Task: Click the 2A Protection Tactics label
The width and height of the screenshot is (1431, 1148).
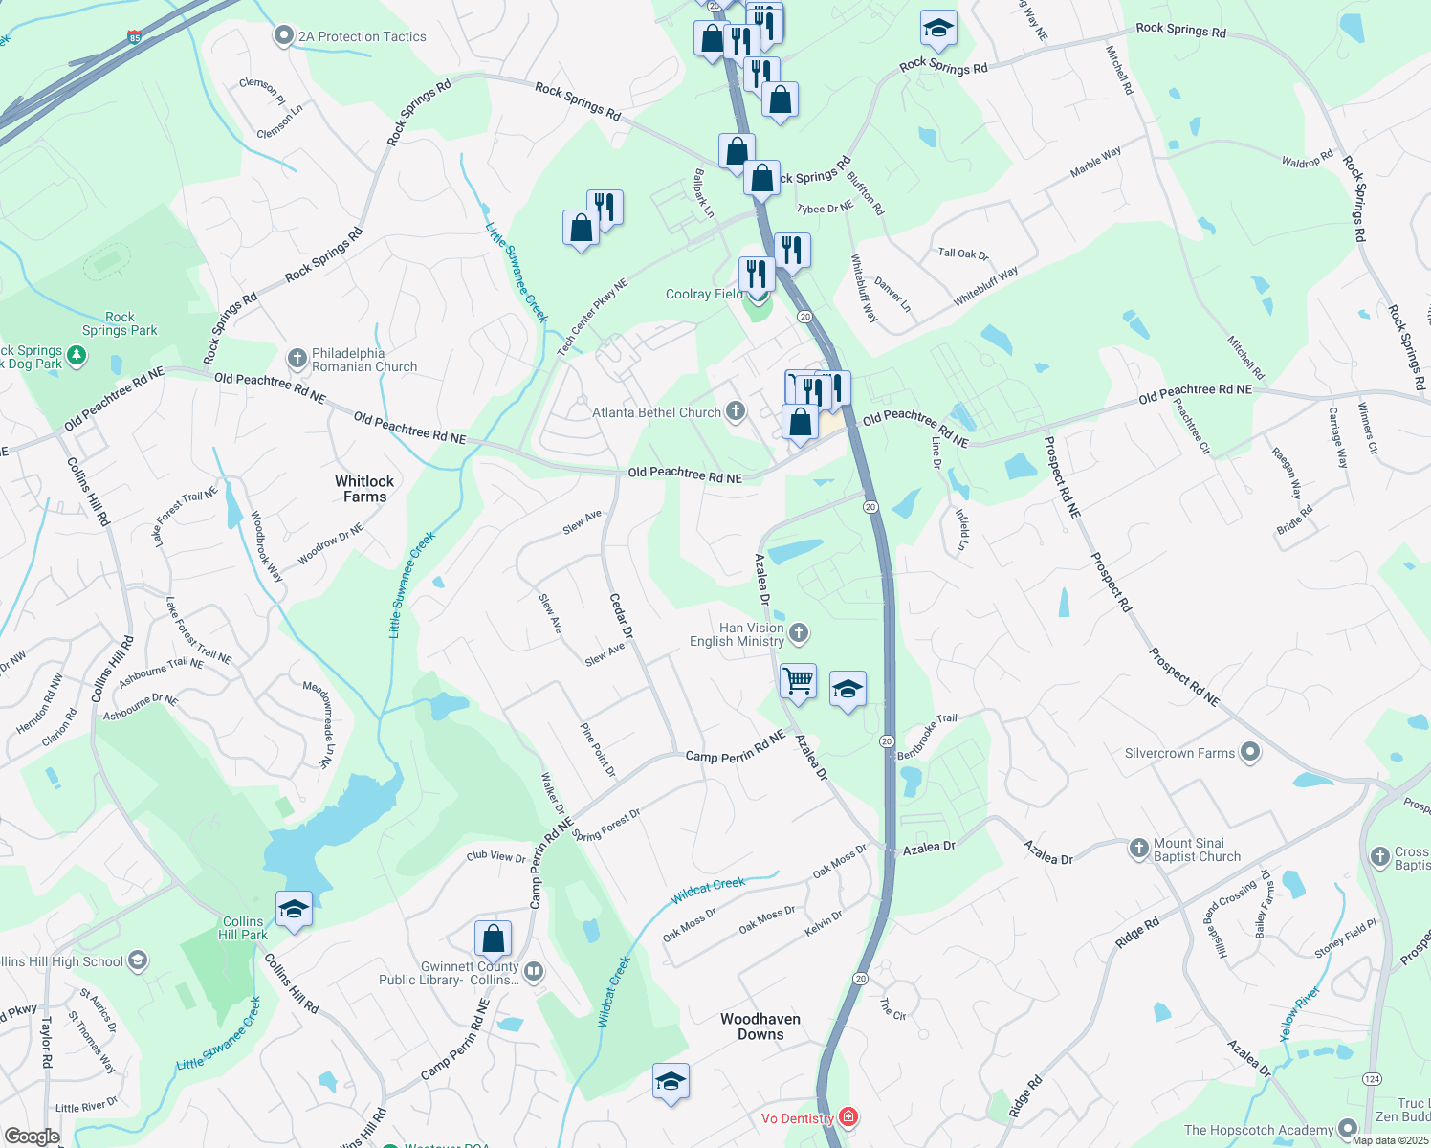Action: click(362, 37)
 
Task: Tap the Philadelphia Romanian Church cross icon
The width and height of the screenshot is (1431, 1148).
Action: click(297, 359)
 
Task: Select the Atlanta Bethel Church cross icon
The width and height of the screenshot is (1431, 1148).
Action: click(735, 411)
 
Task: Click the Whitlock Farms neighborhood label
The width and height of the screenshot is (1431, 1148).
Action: click(364, 489)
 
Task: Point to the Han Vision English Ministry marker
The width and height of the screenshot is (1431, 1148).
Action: click(799, 632)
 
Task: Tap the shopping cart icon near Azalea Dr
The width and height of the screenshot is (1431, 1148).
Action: click(798, 681)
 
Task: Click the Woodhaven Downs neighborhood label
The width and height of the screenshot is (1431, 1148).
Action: click(760, 1027)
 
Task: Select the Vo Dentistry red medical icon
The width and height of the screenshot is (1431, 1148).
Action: click(848, 1116)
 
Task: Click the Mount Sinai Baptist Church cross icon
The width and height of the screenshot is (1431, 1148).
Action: click(1138, 848)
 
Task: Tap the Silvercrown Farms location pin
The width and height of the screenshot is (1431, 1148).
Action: click(1250, 752)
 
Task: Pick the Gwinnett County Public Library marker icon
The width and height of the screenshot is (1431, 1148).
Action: click(534, 972)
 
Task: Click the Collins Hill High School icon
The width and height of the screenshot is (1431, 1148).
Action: click(138, 960)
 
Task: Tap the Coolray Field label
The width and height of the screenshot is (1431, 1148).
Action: click(704, 295)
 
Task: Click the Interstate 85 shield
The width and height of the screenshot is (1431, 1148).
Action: click(134, 38)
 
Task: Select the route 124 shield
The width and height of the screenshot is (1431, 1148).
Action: click(1372, 1078)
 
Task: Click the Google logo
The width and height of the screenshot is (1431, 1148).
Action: click(32, 1136)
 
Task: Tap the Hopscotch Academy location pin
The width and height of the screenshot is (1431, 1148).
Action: click(1348, 1129)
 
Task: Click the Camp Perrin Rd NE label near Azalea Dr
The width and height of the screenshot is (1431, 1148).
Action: click(735, 747)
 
